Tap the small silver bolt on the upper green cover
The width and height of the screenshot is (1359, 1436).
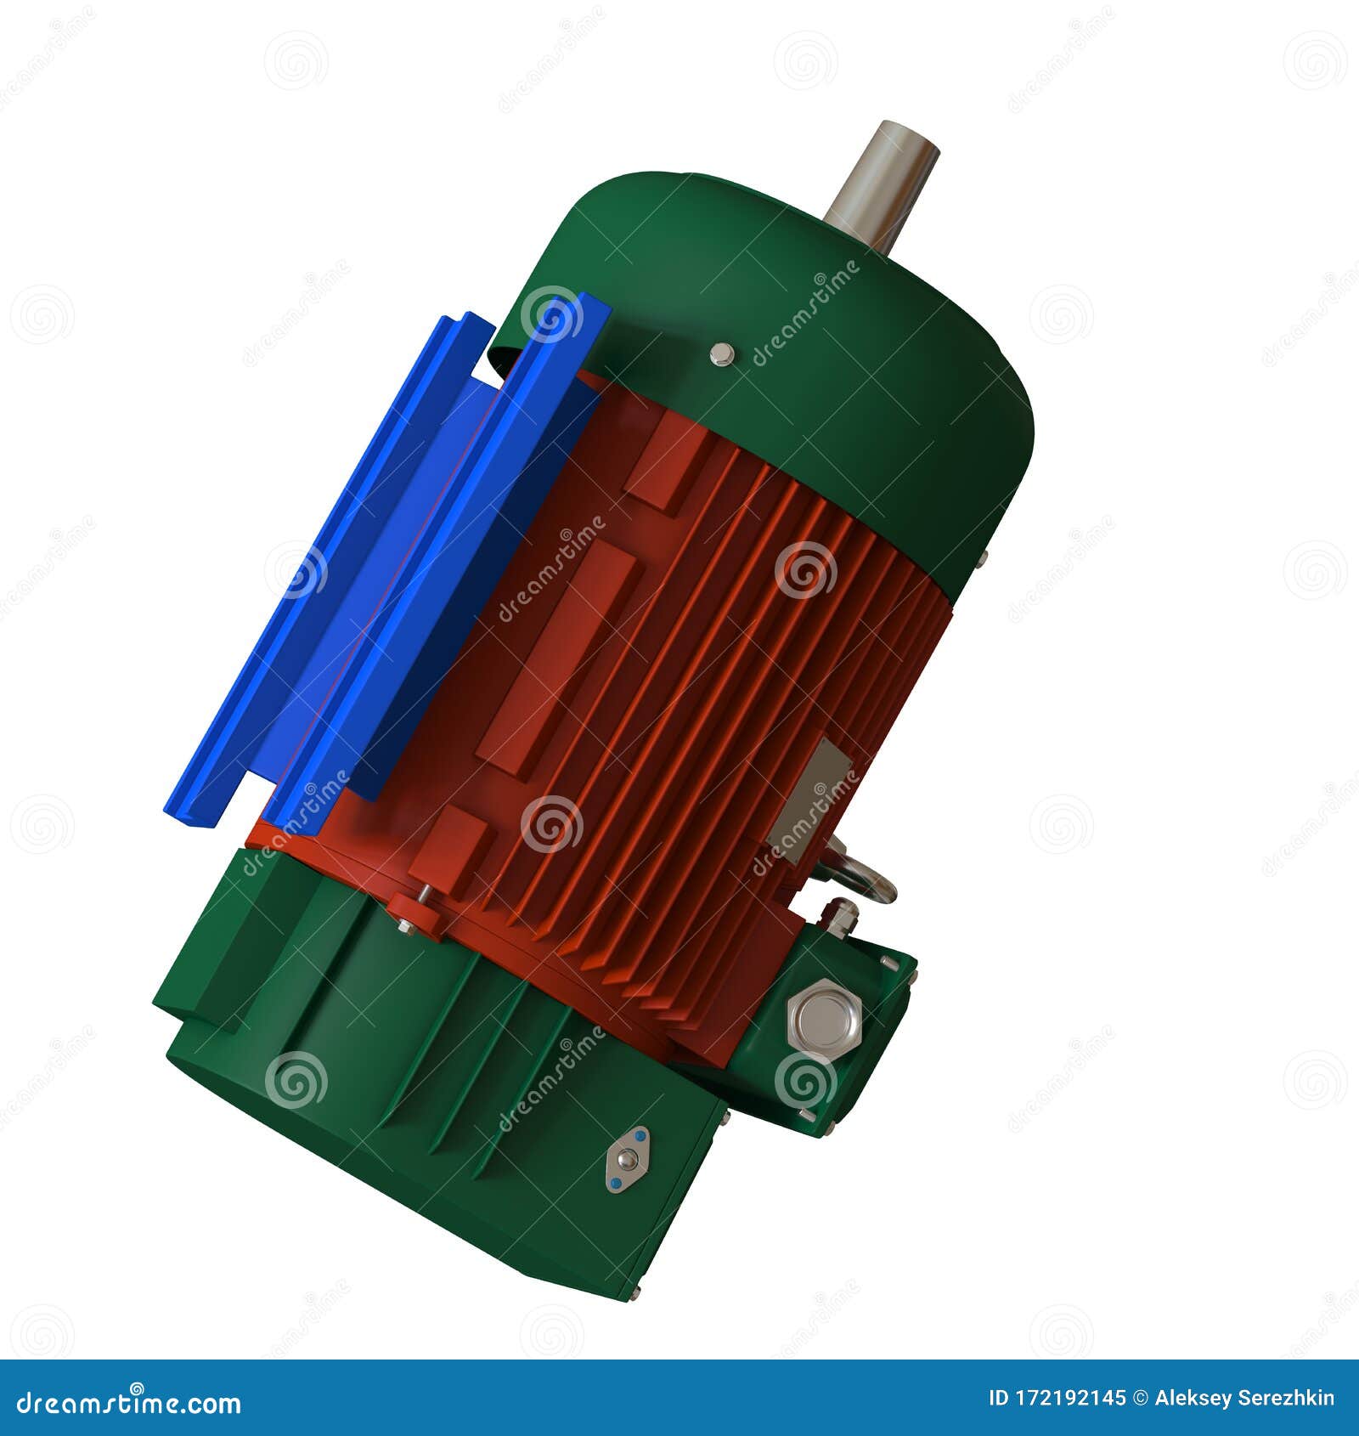(x=721, y=353)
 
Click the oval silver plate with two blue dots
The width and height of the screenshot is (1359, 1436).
(x=628, y=1159)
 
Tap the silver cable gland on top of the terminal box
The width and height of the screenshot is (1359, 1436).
(x=839, y=918)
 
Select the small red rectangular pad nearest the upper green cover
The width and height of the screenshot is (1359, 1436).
(x=666, y=468)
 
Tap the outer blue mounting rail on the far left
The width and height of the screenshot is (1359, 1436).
(x=323, y=569)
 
